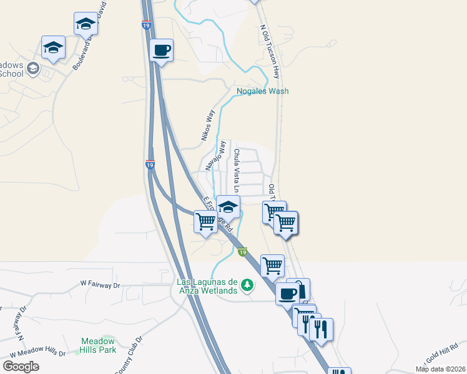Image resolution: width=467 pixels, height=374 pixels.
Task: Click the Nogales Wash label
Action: pyautogui.click(x=262, y=91)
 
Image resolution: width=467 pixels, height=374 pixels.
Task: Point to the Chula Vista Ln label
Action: pyautogui.click(x=237, y=170)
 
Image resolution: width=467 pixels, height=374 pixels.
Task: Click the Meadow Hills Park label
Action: pyautogui.click(x=98, y=345)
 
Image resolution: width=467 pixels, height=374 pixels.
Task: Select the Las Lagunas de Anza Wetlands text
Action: pyautogui.click(x=207, y=285)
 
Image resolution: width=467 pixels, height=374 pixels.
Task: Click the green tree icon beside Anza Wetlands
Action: pyautogui.click(x=248, y=285)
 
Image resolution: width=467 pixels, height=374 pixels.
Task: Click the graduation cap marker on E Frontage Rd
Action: pyautogui.click(x=229, y=206)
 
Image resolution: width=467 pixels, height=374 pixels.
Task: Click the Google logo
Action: pyautogui.click(x=21, y=367)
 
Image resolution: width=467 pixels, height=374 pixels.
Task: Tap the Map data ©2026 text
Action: pyautogui.click(x=440, y=369)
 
